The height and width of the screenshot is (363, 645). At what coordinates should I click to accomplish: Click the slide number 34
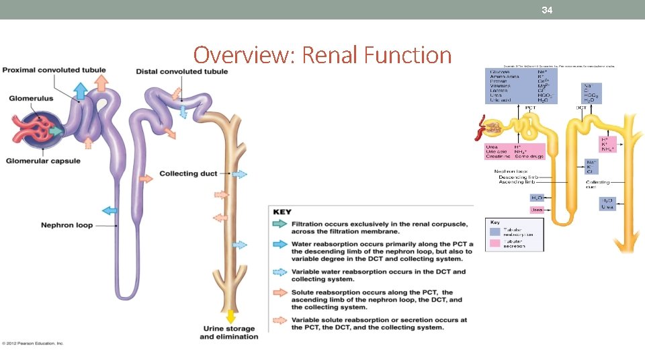(x=548, y=10)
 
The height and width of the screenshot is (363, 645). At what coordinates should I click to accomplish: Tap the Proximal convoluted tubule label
(x=53, y=71)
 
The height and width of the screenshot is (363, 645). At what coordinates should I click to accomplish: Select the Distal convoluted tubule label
(x=181, y=71)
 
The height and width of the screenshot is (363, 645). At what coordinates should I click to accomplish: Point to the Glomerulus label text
(x=31, y=99)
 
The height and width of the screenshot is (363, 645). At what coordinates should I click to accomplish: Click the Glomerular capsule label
(x=43, y=161)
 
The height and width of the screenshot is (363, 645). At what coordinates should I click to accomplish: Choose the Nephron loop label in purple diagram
(x=67, y=225)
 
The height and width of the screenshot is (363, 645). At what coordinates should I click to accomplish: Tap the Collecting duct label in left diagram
(x=188, y=173)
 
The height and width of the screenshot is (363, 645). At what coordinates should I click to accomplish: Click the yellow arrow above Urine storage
(x=231, y=315)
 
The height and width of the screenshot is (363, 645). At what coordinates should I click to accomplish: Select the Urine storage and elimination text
(x=229, y=332)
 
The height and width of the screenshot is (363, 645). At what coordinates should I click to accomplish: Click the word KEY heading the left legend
(x=282, y=212)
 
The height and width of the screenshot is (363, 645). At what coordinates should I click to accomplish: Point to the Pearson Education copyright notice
(x=32, y=344)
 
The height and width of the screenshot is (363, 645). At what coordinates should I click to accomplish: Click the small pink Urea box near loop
(x=537, y=210)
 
